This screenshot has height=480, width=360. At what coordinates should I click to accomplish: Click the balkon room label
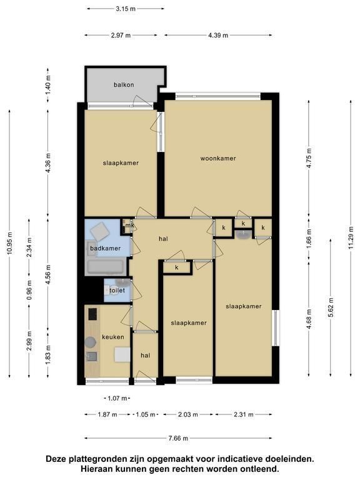click(x=124, y=85)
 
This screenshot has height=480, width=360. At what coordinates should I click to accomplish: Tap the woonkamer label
click(x=218, y=158)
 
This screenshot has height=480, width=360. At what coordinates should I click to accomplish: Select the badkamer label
click(x=105, y=248)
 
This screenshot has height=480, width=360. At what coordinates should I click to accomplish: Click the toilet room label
click(x=117, y=290)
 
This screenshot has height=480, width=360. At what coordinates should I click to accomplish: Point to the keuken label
click(x=113, y=337)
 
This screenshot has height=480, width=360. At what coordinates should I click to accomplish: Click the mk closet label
click(x=130, y=226)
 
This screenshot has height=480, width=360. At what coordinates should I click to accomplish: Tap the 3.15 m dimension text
click(x=126, y=9)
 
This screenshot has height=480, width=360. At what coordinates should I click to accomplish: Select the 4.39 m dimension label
click(x=218, y=35)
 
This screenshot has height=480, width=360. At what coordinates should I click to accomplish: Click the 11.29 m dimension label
click(x=351, y=238)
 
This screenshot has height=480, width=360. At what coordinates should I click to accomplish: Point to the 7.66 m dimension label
click(x=178, y=438)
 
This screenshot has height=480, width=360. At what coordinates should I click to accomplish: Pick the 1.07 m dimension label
click(x=117, y=398)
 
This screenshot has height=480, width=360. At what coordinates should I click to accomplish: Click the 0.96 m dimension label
click(x=29, y=290)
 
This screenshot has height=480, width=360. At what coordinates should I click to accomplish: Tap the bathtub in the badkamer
click(x=106, y=266)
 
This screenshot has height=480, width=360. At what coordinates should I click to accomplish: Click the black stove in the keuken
click(x=92, y=314)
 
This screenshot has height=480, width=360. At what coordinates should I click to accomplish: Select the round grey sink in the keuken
click(x=90, y=342)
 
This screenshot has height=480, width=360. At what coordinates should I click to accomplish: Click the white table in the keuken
click(x=122, y=355)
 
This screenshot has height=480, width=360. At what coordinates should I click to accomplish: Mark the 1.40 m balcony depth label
click(x=48, y=85)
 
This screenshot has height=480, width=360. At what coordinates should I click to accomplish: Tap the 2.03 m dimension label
click(x=188, y=414)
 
